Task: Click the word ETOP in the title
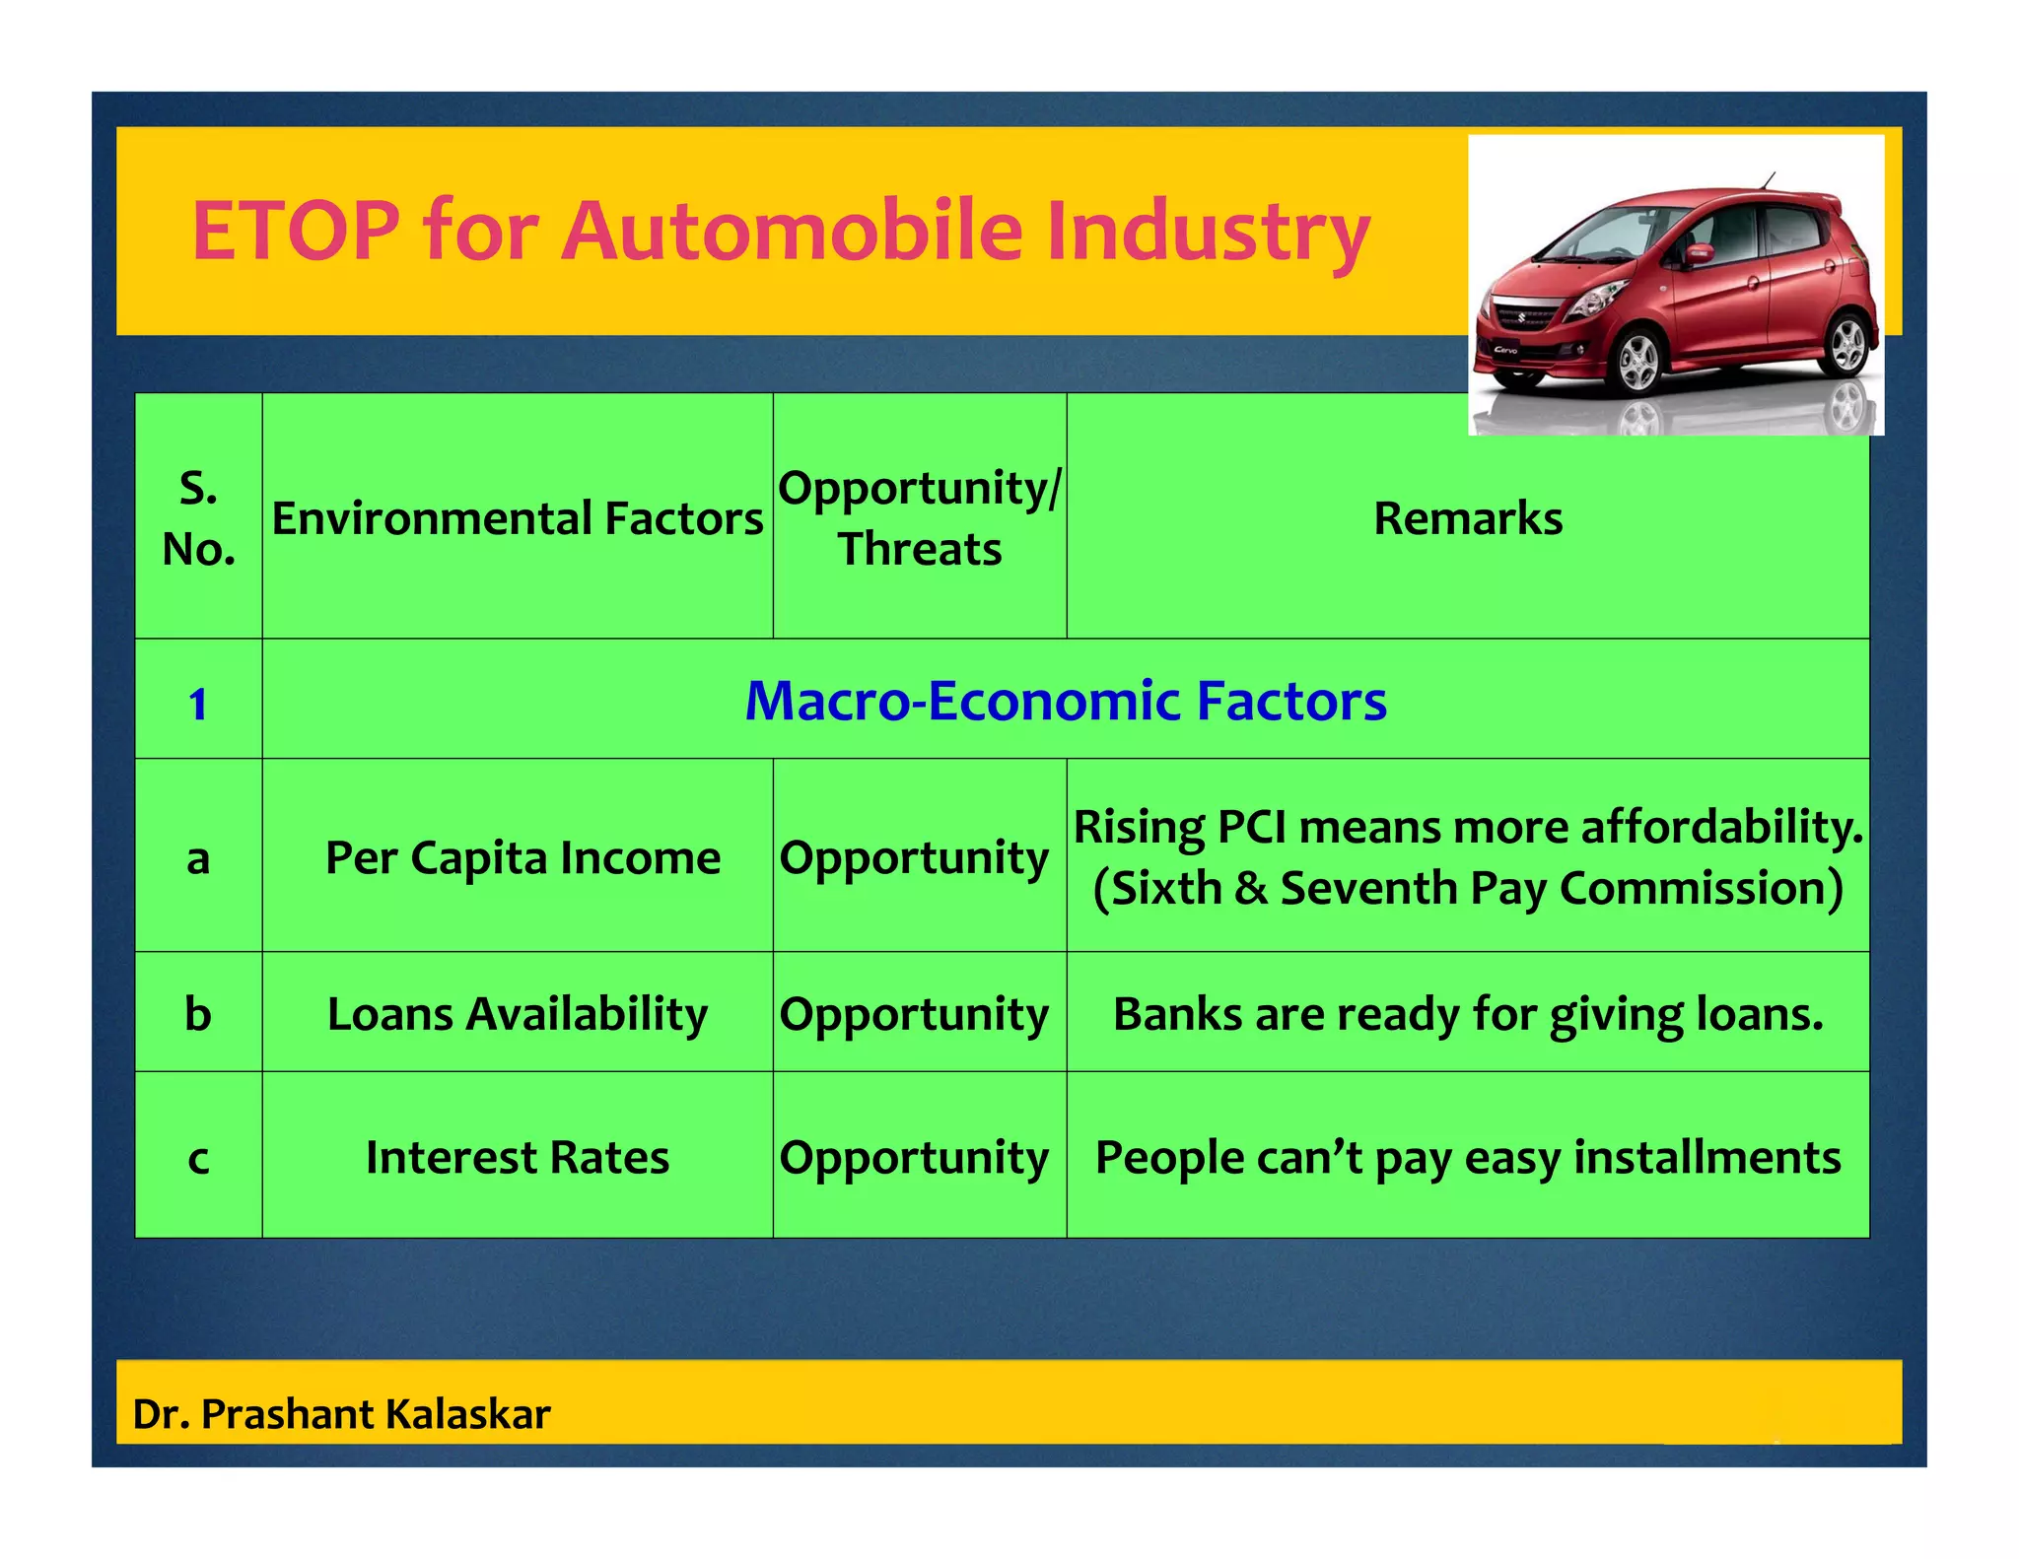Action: tap(295, 232)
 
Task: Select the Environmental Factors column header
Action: tap(518, 518)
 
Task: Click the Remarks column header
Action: tap(1468, 518)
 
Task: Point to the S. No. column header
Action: tap(198, 518)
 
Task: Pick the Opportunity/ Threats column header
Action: tap(920, 518)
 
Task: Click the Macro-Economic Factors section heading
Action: tap(1066, 701)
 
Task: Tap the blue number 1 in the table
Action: tap(198, 704)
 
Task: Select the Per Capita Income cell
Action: tap(522, 857)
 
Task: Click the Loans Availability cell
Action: tap(518, 1014)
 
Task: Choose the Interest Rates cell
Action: tap(518, 1157)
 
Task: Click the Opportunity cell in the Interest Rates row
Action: tap(915, 1158)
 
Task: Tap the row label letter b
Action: tap(198, 1014)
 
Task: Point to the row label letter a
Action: tap(198, 858)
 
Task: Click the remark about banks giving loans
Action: tap(1468, 1014)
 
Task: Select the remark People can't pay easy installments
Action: tap(1468, 1157)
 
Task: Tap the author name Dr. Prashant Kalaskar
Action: tap(341, 1414)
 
